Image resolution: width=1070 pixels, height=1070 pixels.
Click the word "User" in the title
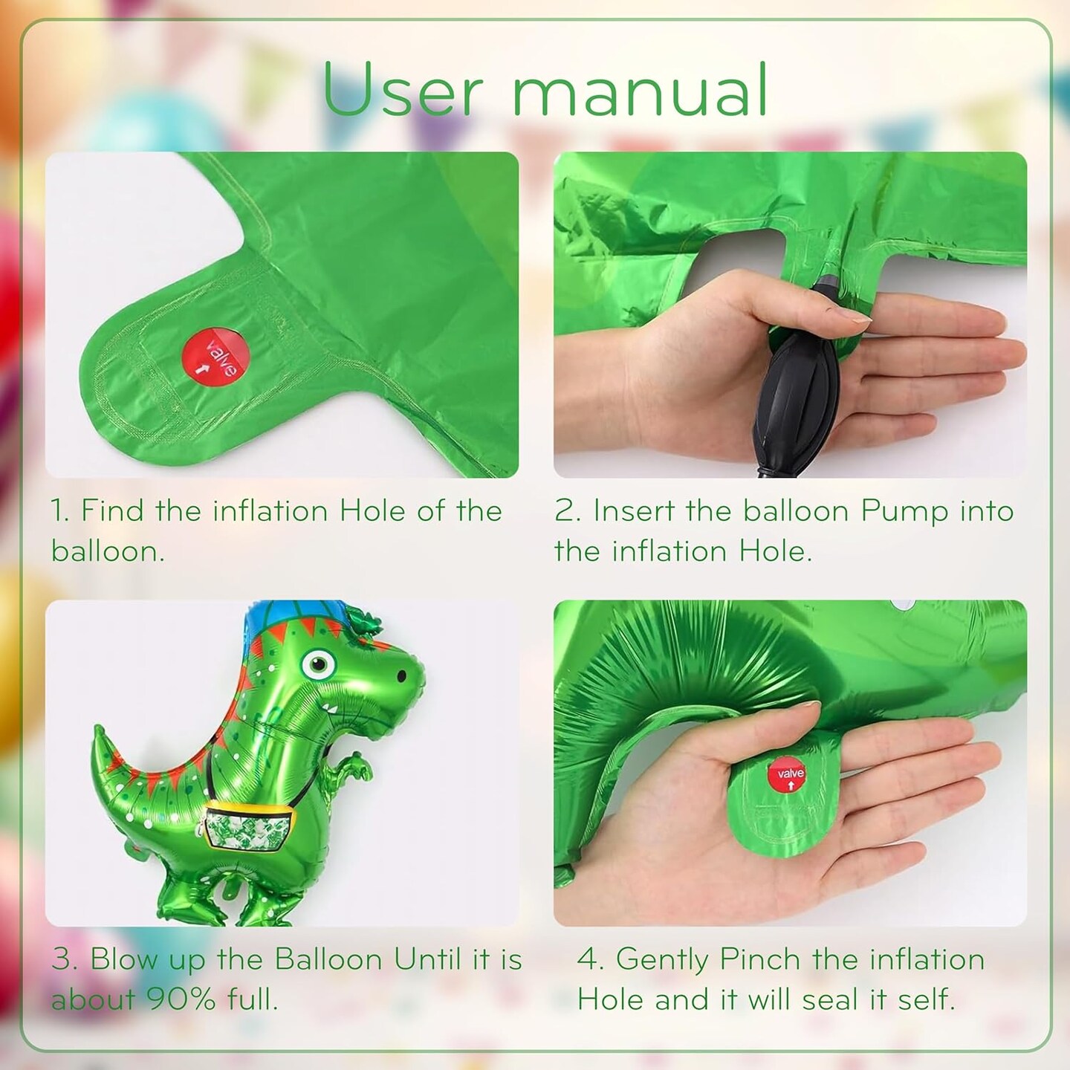[x=402, y=89]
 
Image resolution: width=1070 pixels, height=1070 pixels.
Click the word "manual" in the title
[x=641, y=89]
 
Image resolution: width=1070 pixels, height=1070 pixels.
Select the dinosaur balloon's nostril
[x=401, y=675]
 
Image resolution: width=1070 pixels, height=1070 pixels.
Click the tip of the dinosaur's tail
[x=98, y=728]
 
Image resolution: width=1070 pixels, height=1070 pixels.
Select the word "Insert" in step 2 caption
[x=634, y=510]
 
